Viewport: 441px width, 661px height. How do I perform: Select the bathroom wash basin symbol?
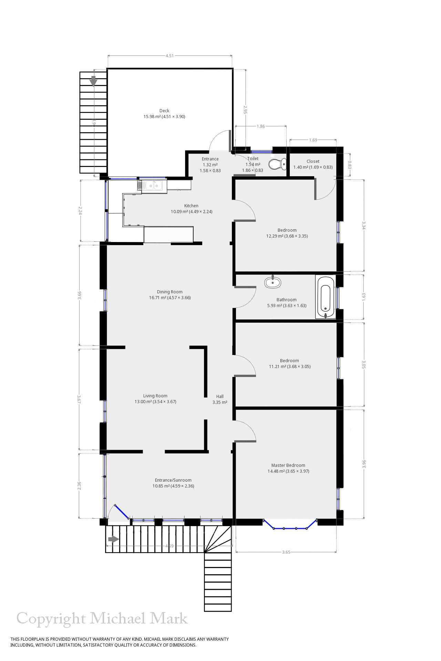tap(273, 283)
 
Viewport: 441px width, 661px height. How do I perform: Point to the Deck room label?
tap(164, 111)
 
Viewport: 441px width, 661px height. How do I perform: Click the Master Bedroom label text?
tap(288, 465)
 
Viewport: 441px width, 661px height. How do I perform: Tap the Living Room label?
tap(155, 396)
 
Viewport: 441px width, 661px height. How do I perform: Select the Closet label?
tap(313, 161)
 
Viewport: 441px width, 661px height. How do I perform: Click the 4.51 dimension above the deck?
tap(170, 56)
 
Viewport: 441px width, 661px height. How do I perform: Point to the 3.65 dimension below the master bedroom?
tap(286, 552)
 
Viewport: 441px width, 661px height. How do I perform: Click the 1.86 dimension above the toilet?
tap(261, 126)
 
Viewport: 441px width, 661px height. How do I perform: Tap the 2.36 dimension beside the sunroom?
tap(79, 485)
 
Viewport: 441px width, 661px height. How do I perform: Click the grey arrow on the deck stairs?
tap(93, 81)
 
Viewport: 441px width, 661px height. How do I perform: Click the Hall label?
tap(220, 397)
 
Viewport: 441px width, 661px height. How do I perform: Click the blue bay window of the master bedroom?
tap(290, 528)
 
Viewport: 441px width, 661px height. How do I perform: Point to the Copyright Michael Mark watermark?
tap(102, 619)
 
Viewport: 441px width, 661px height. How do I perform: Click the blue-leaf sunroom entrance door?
tap(122, 512)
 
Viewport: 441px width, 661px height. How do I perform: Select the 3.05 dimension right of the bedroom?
tap(364, 365)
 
